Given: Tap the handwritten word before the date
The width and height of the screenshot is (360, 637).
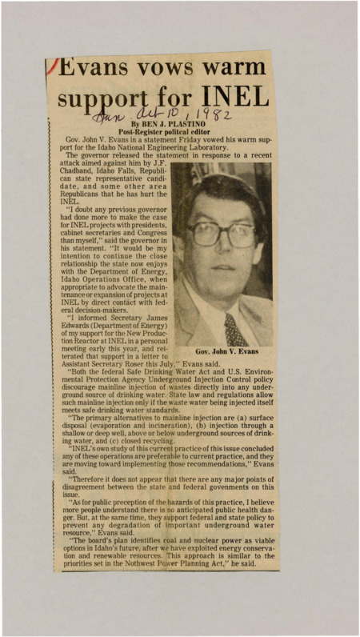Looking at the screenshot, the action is point(107,121).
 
